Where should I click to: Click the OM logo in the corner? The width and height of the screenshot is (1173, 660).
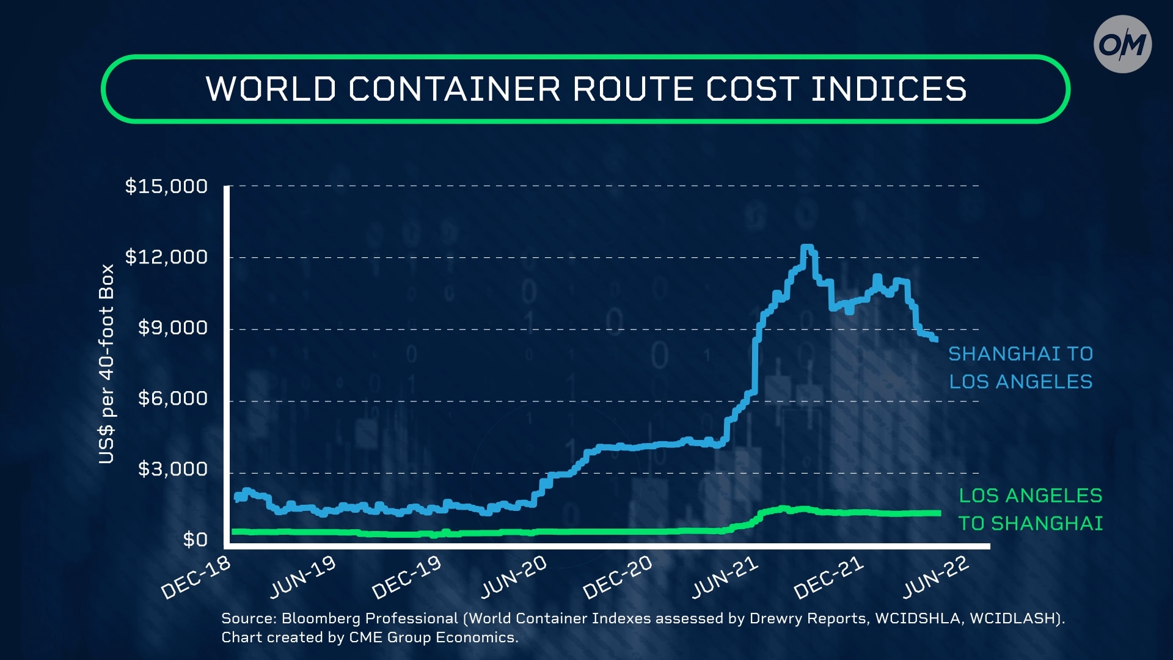(1122, 45)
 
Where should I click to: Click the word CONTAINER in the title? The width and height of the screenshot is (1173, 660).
(455, 89)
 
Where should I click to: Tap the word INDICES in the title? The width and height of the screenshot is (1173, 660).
(888, 89)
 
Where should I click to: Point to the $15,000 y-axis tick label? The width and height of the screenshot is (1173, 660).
(166, 186)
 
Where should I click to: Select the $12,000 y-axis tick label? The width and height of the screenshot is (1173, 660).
(166, 257)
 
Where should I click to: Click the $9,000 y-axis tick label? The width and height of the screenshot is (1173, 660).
(173, 328)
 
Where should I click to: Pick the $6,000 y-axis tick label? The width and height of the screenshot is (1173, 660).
(173, 399)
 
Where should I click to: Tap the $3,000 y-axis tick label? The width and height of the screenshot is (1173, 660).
(173, 469)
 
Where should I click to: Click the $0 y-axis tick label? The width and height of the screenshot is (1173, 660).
(195, 540)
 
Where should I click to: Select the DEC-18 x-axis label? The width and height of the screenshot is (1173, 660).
(195, 578)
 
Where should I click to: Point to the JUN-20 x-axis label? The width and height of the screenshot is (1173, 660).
(513, 578)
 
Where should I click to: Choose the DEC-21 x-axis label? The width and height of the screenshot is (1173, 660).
(828, 578)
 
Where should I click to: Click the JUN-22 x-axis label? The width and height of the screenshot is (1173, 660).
(935, 578)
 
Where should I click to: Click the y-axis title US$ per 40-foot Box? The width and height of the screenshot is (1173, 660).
(106, 364)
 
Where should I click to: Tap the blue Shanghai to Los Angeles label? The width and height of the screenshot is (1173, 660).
(1020, 368)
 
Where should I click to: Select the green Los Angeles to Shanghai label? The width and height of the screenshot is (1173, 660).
(1030, 510)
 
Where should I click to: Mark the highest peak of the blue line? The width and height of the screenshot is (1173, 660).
(807, 248)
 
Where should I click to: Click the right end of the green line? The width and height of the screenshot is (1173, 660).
(938, 513)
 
